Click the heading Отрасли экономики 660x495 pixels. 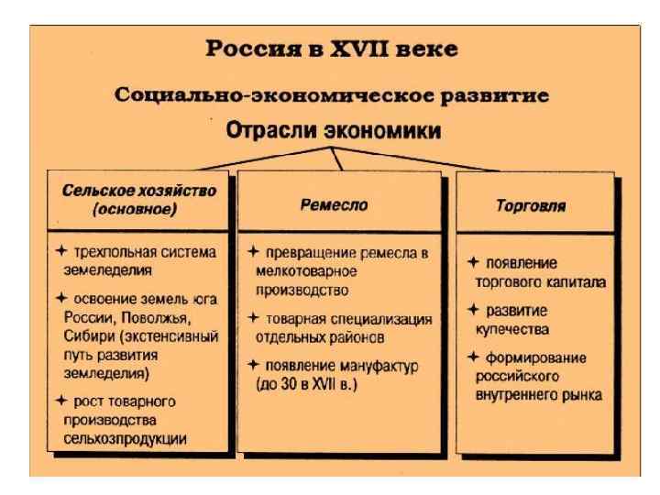point(334,130)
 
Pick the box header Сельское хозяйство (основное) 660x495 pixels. point(139,200)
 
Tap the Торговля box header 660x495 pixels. point(531,206)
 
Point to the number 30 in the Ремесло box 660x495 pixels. point(299,384)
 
